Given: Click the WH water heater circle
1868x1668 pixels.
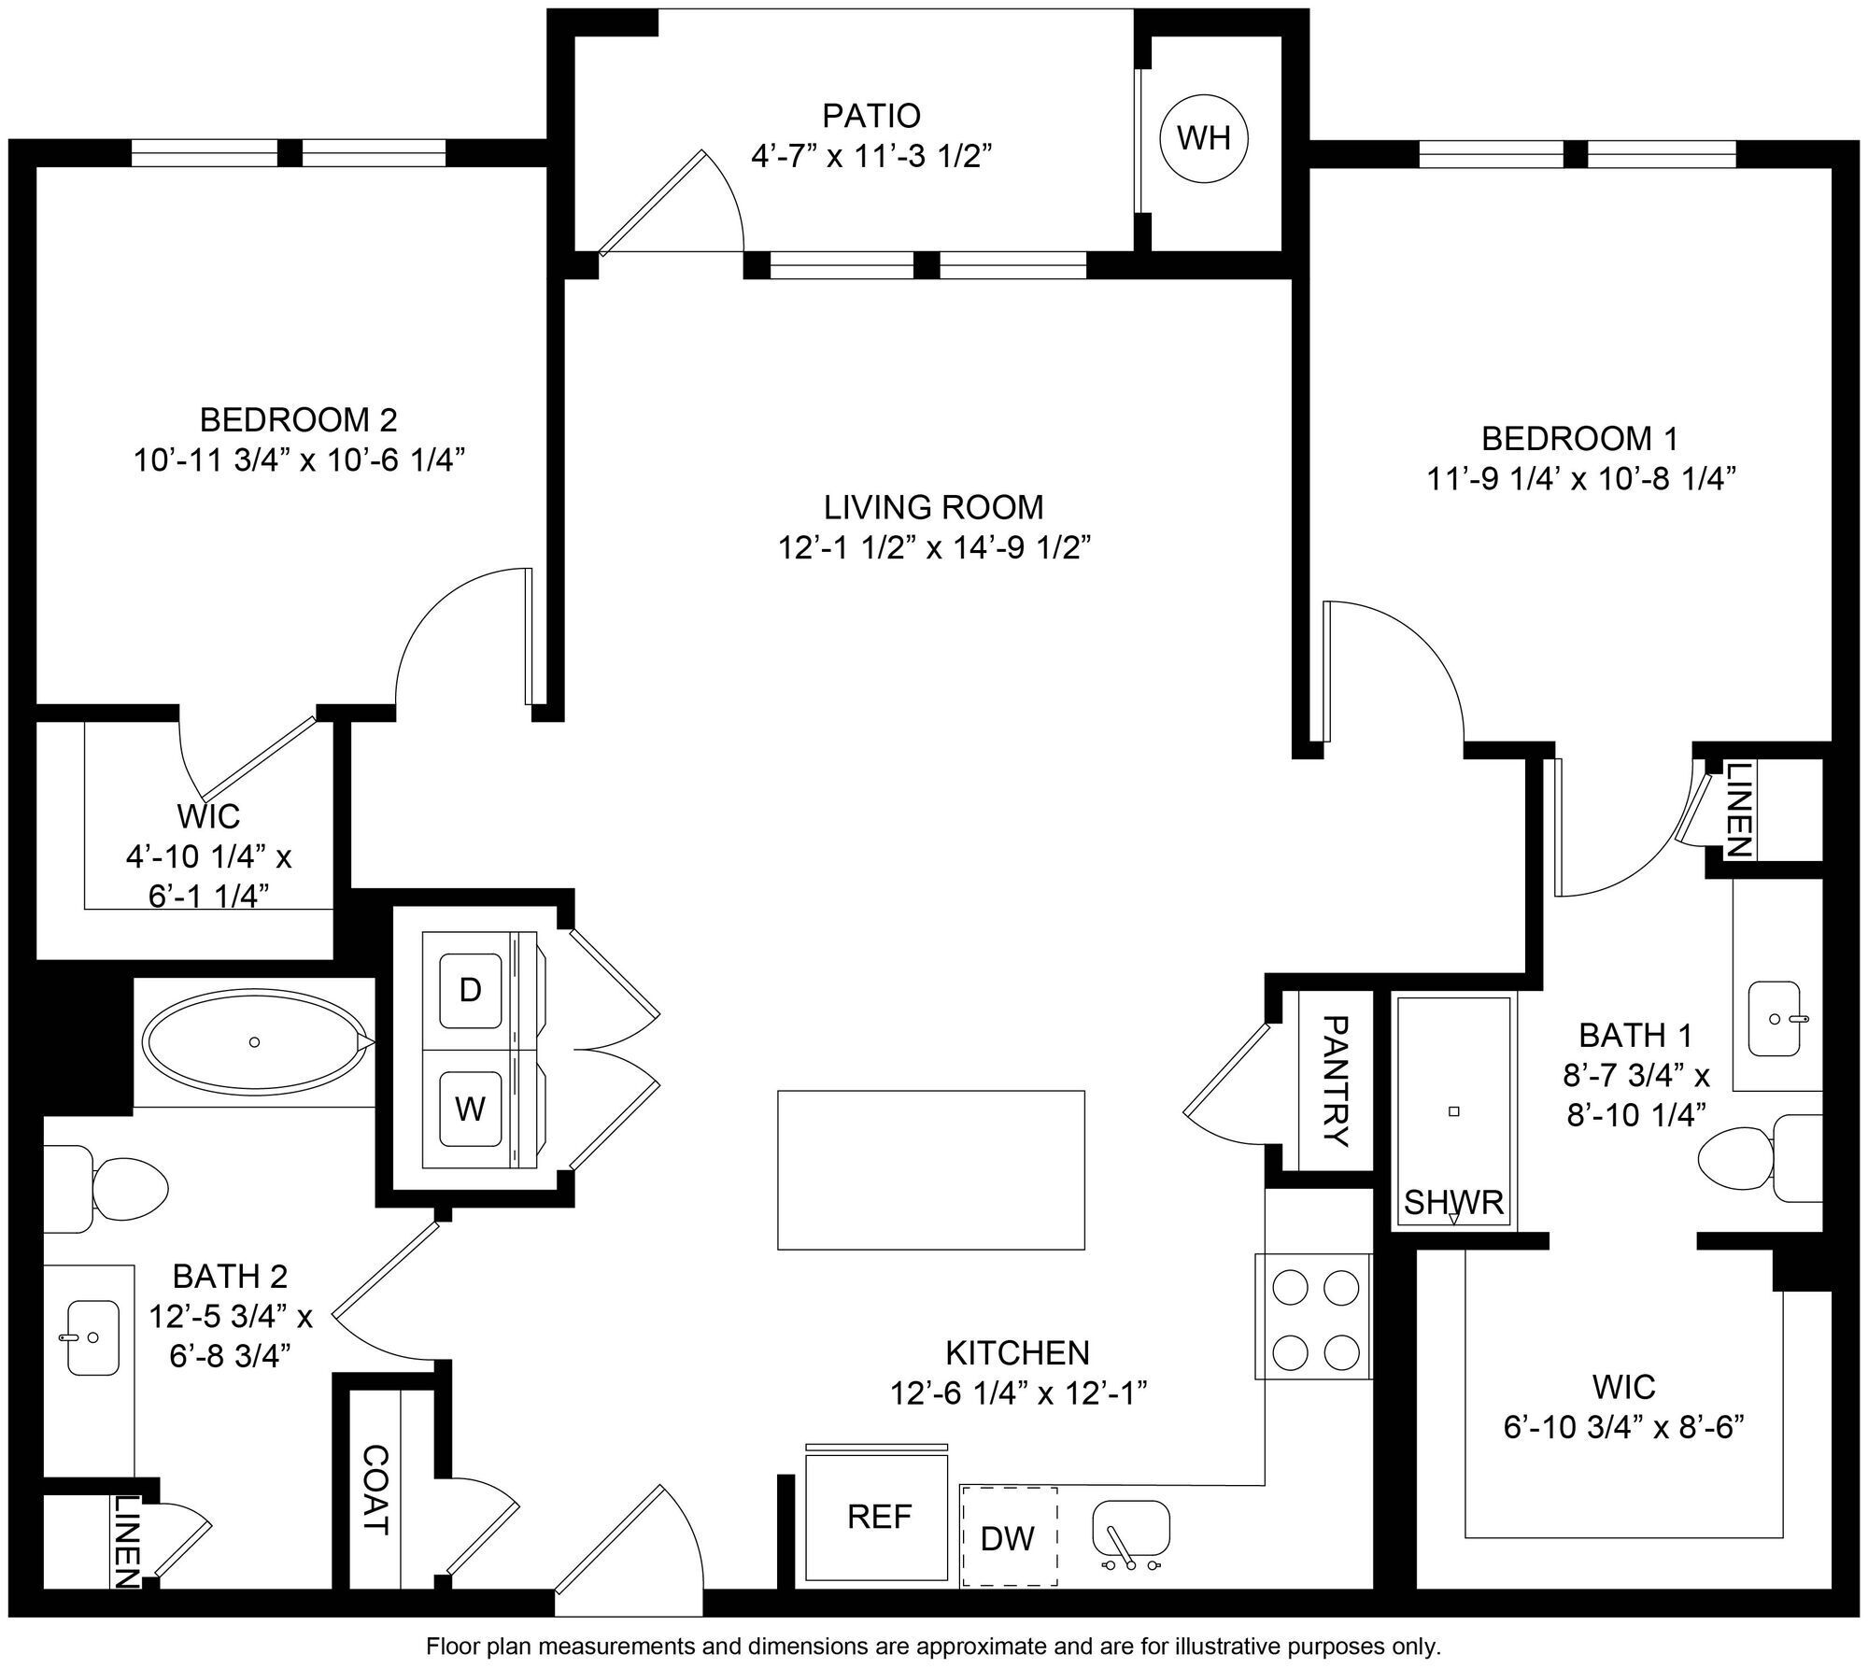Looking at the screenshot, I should click(1204, 139).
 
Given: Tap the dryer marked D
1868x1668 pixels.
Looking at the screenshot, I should click(470, 990).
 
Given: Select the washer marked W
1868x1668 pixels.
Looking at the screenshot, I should click(470, 1109).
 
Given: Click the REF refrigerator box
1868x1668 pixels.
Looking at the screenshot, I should click(878, 1516).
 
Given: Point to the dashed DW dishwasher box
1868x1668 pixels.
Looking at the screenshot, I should click(1009, 1537).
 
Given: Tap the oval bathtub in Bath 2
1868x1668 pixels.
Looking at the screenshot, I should click(254, 1041).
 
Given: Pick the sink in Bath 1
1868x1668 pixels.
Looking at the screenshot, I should click(1772, 1019).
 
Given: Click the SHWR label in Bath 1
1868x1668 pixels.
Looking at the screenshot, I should click(1454, 1203).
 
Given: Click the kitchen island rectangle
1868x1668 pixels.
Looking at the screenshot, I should click(930, 1169).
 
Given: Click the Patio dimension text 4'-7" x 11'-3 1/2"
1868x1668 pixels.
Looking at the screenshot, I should click(870, 156).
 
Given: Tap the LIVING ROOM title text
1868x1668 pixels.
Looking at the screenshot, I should click(933, 507).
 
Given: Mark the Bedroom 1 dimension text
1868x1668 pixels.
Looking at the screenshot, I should click(1580, 479).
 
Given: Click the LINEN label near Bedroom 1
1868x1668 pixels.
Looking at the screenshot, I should click(1736, 810).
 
